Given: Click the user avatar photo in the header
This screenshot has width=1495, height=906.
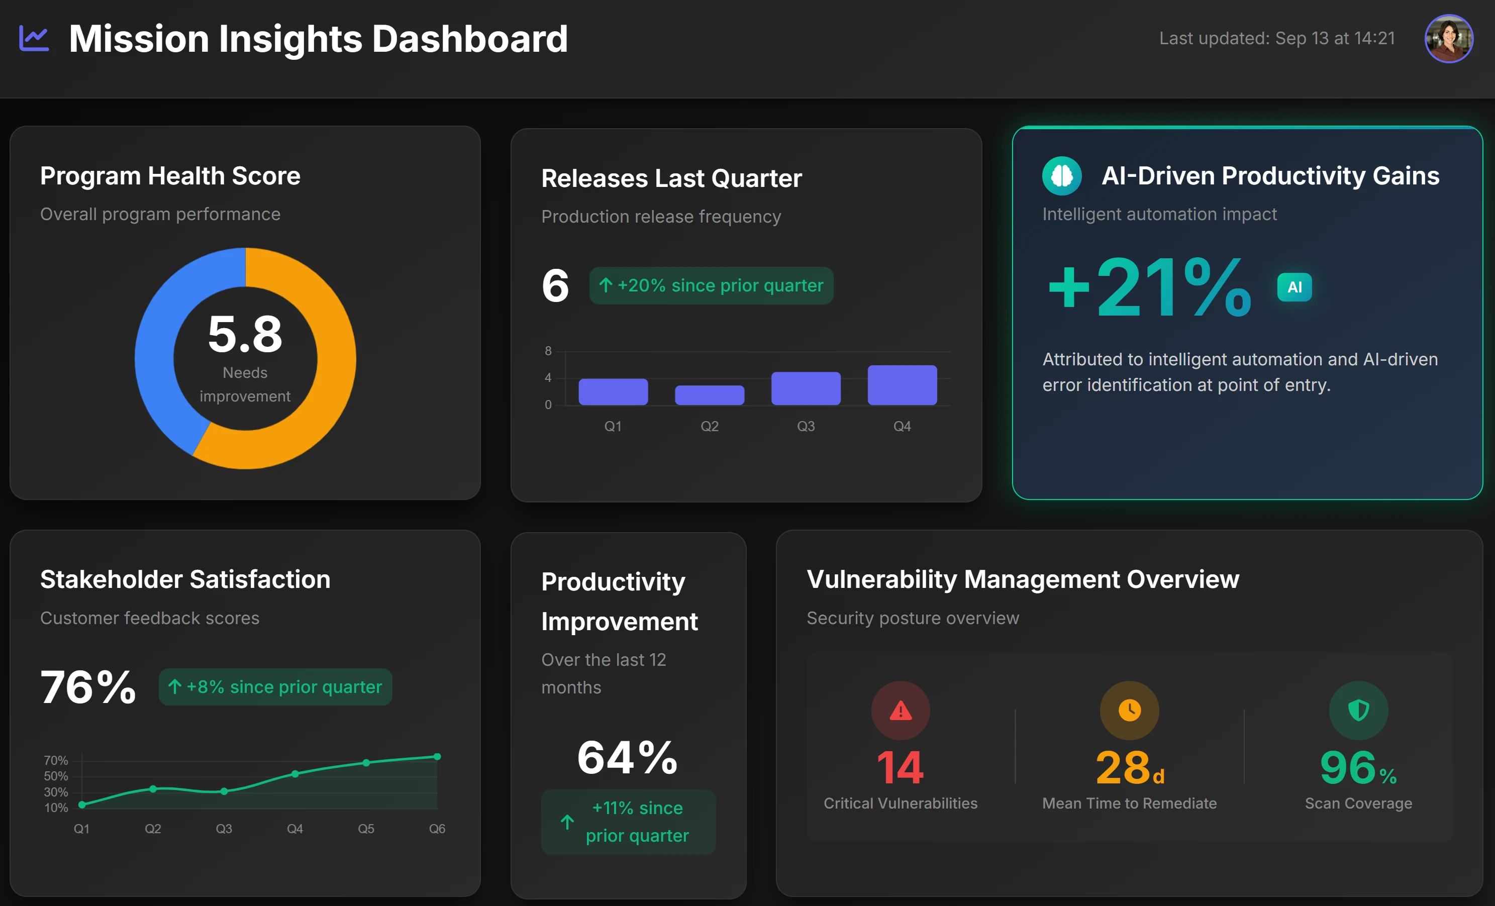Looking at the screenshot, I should pos(1448,38).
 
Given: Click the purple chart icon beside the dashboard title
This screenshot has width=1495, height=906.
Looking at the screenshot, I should pos(34,38).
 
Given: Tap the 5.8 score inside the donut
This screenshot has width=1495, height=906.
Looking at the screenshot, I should pos(245,334).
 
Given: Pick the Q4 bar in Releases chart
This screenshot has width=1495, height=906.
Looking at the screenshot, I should pos(902,385).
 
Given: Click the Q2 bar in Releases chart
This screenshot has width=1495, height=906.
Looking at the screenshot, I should pos(709,395).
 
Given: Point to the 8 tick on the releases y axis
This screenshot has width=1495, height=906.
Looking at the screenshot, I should pos(548,351).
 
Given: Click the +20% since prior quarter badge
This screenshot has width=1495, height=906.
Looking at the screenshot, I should pos(711,285).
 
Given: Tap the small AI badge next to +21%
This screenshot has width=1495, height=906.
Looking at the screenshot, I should pos(1294,287).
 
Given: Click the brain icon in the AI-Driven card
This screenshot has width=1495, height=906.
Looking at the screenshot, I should pos(1061,176).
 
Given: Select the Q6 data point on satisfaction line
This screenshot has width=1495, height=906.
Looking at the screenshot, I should pos(437,757).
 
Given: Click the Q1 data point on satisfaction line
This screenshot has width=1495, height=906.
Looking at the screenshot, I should pos(82,804).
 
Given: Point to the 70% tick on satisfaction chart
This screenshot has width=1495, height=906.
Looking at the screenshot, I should pos(56,760).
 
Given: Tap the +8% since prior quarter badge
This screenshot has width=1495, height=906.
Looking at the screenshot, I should pos(275,687).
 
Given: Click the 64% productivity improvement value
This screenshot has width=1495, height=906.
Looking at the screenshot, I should pos(627,758).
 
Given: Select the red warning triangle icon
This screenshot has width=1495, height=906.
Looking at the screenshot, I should pos(901,711).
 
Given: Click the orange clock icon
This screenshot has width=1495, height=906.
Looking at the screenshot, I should pos(1129,711).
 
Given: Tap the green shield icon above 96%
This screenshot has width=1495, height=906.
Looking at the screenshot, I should pos(1358,711).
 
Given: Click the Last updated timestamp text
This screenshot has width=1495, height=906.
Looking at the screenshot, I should pos(1276,38).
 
